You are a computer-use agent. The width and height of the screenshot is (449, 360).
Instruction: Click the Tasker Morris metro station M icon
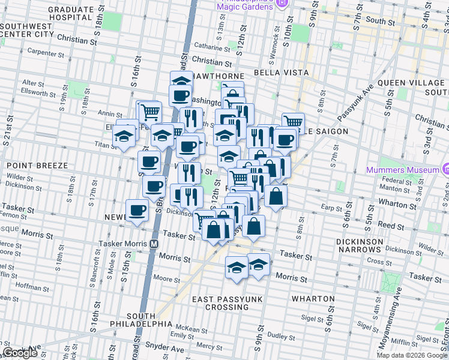tap(154, 244)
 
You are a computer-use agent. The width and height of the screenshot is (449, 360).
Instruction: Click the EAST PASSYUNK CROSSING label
tap(220, 303)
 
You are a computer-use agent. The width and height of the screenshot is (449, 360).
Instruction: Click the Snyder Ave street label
tap(163, 348)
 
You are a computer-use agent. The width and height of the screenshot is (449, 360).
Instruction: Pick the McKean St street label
tap(188, 329)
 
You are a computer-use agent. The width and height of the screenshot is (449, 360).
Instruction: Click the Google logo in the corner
tap(20, 353)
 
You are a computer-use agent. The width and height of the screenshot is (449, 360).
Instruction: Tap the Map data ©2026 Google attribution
tap(412, 355)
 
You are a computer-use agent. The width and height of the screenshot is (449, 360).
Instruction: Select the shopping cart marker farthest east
tap(293, 122)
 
